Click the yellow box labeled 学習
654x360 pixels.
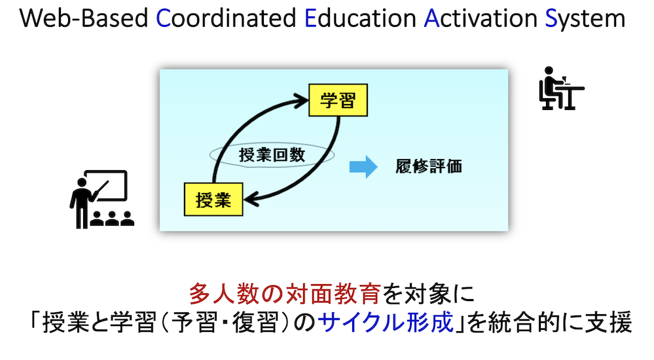(338, 100)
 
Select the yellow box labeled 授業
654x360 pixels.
(213, 200)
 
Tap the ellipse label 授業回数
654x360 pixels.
(272, 155)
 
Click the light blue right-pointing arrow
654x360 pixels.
(363, 167)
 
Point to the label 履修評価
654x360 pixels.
(429, 166)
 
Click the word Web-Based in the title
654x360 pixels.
(84, 18)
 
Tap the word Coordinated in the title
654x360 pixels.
(226, 18)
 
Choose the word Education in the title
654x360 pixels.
(360, 18)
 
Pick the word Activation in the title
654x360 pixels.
(481, 18)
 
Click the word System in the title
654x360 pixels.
(585, 19)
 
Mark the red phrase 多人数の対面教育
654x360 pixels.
(285, 294)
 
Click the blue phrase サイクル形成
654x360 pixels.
(386, 323)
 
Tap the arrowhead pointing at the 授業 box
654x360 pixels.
(251, 200)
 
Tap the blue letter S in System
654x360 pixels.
(551, 18)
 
